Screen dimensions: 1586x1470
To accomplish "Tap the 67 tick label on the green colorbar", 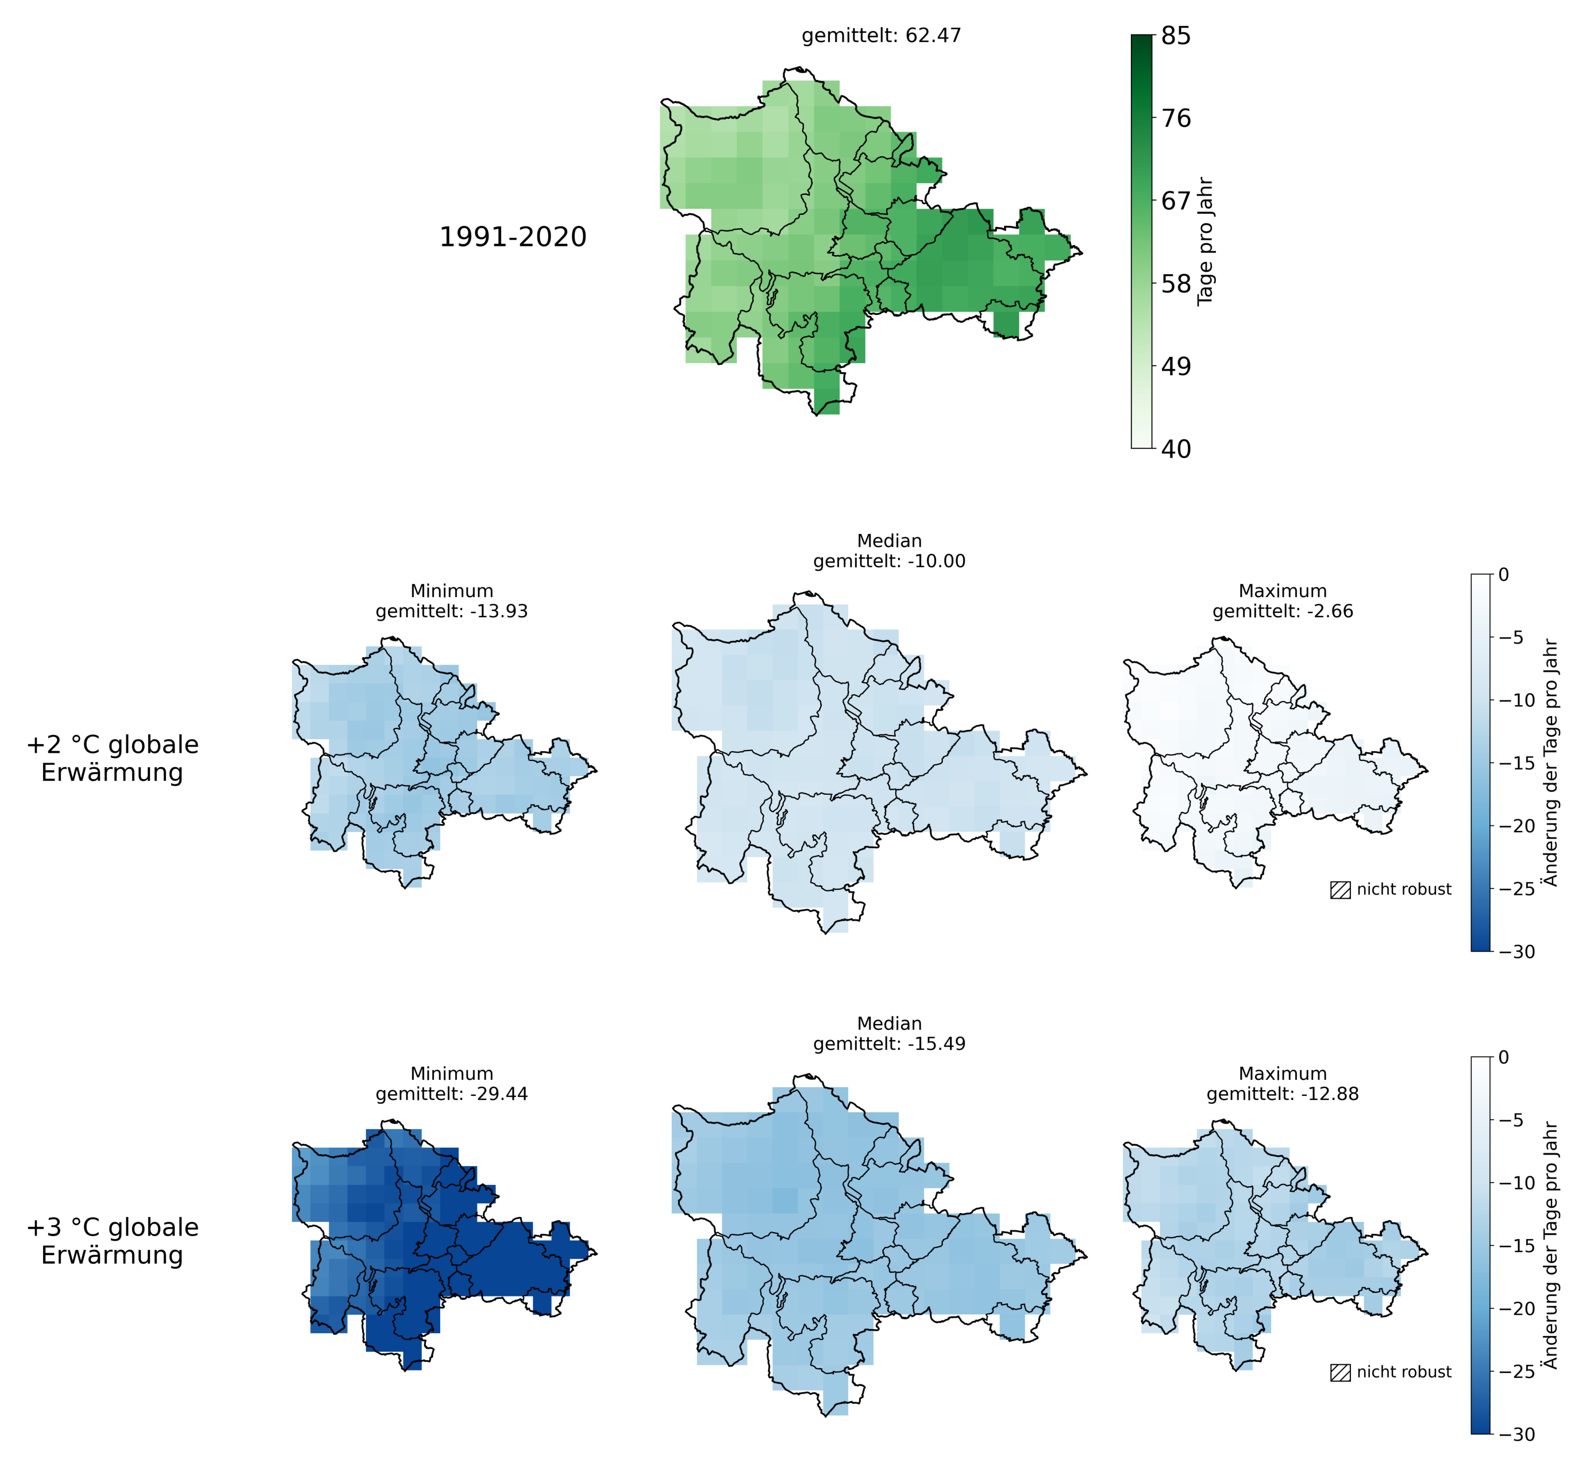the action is [x=1176, y=201].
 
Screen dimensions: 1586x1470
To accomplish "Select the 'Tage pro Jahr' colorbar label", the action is [x=1205, y=241].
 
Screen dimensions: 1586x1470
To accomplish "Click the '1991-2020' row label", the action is [x=513, y=237].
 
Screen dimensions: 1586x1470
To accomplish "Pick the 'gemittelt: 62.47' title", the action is [x=881, y=36].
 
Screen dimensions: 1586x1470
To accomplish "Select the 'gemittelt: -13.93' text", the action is [x=452, y=611].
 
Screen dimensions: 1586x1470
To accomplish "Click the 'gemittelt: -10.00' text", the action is [x=889, y=561].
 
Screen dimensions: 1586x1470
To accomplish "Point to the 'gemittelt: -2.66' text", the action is [x=1283, y=611].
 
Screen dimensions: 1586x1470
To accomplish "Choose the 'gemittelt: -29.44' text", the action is [x=452, y=1094].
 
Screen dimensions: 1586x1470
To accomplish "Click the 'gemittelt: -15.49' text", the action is [x=889, y=1044].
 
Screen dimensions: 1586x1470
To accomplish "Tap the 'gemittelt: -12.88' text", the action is [x=1283, y=1094].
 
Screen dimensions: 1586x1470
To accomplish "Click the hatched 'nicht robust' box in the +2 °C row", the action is [x=1340, y=890].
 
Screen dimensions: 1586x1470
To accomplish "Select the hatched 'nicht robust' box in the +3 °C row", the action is [x=1340, y=1373].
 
